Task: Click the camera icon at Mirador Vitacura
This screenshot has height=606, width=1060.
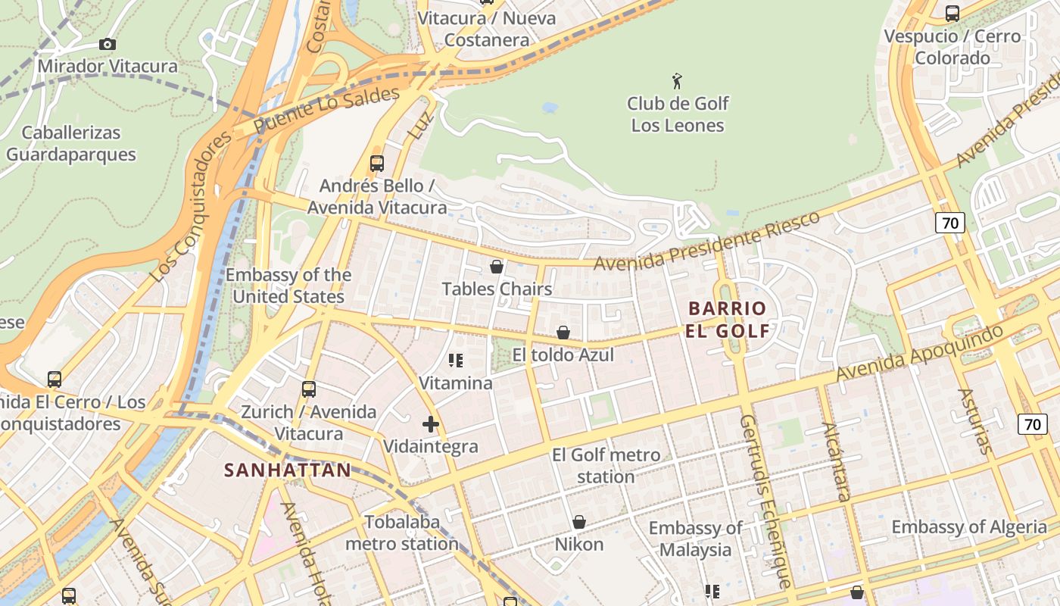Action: pyautogui.click(x=108, y=45)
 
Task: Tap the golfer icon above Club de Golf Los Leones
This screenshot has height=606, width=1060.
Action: pyautogui.click(x=678, y=80)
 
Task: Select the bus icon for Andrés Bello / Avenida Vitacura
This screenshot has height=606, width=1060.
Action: pyautogui.click(x=377, y=163)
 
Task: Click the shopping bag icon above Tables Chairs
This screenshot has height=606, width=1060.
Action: pyautogui.click(x=497, y=267)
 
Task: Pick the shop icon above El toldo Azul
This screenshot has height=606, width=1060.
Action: pyautogui.click(x=563, y=333)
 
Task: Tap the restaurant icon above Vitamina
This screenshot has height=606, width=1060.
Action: pyautogui.click(x=456, y=360)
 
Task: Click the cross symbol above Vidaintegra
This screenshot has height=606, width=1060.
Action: pyautogui.click(x=431, y=424)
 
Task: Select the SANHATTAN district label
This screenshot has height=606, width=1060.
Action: pyautogui.click(x=288, y=470)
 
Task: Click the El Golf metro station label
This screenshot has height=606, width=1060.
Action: pyautogui.click(x=606, y=466)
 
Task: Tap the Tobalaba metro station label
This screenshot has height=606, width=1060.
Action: pyautogui.click(x=402, y=533)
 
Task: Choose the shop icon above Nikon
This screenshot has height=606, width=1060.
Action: pyautogui.click(x=579, y=522)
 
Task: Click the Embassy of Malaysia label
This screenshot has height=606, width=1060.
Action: pyautogui.click(x=696, y=539)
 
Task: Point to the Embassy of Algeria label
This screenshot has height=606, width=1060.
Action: pyautogui.click(x=969, y=527)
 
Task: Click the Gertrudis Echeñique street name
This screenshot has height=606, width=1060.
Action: pyautogui.click(x=765, y=501)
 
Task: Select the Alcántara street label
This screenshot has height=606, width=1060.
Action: pyautogui.click(x=837, y=461)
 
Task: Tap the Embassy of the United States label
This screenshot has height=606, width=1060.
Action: pyautogui.click(x=288, y=286)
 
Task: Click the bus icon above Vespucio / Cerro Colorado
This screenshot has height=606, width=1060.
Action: pyautogui.click(x=952, y=13)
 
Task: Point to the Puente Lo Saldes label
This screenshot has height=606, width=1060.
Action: pyautogui.click(x=327, y=111)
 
